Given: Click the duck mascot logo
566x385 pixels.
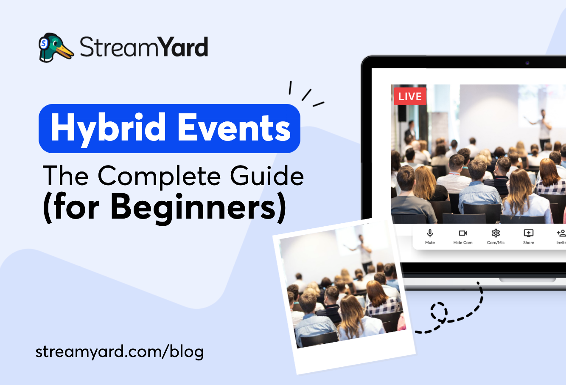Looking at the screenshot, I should (x=56, y=47).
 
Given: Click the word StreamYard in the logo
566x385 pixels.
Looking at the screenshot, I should (x=144, y=47).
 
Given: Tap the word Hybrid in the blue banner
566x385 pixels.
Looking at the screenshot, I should (x=108, y=128).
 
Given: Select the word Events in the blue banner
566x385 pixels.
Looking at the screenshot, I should (x=234, y=128).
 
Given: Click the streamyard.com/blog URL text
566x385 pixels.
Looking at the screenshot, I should (x=120, y=351).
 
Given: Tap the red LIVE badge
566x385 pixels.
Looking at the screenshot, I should (x=410, y=96).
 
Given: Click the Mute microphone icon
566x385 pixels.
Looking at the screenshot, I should (x=430, y=233).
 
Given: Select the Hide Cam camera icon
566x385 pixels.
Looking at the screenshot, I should (x=462, y=233).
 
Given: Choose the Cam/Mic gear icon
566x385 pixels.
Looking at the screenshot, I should (x=496, y=233).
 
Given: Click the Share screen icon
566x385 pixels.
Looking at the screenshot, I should (x=528, y=233).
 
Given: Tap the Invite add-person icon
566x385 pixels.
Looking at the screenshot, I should (x=561, y=233).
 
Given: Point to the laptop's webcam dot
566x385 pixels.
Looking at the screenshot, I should (x=527, y=63).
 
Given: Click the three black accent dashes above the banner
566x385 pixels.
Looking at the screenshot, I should (x=305, y=94).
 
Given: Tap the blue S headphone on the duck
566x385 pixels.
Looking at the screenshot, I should (x=43, y=43).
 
